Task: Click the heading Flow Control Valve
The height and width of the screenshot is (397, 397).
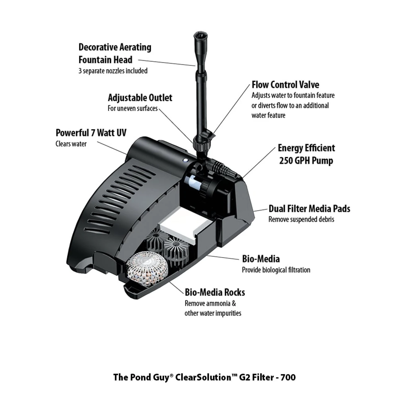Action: pyautogui.click(x=285, y=85)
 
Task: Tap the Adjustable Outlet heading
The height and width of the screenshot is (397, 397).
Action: pyautogui.click(x=140, y=98)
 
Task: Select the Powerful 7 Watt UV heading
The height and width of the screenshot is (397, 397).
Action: pyautogui.click(x=91, y=133)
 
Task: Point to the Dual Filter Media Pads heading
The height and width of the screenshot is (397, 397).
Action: pyautogui.click(x=309, y=209)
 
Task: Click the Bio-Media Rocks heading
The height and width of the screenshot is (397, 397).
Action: pyautogui.click(x=215, y=292)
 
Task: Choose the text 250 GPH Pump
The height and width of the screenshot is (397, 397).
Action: pyautogui.click(x=306, y=161)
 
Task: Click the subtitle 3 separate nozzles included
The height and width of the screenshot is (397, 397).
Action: pyautogui.click(x=113, y=71)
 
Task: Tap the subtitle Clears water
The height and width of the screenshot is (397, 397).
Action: pyautogui.click(x=71, y=144)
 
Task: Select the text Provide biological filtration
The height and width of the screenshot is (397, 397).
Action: pyautogui.click(x=276, y=270)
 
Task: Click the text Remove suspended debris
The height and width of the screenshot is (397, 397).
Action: pyautogui.click(x=301, y=219)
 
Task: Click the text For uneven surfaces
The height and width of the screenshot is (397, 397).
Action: pyautogui.click(x=132, y=109)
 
